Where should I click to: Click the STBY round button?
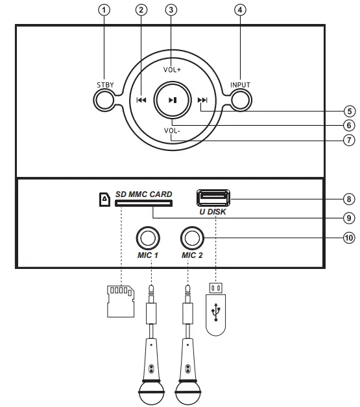click(104, 100)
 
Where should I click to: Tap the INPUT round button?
click(240, 100)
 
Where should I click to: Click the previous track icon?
click(141, 100)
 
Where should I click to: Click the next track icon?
click(202, 100)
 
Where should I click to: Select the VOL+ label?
click(171, 69)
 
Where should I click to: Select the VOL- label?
click(171, 130)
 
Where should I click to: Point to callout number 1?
click(104, 10)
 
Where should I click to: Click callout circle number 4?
click(240, 10)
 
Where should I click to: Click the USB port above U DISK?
click(213, 197)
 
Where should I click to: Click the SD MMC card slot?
click(143, 203)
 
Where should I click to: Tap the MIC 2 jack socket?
click(192, 238)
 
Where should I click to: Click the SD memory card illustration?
click(120, 300)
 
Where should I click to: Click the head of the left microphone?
click(150, 391)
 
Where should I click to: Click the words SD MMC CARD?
click(143, 194)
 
